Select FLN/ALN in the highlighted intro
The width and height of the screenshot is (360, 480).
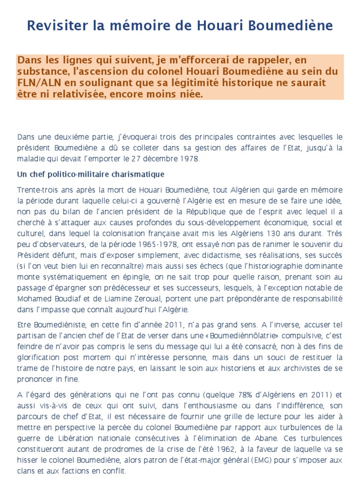tap(37, 83)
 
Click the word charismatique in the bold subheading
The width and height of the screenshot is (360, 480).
tap(136, 174)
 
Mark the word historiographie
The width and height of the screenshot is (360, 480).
tap(277, 266)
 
